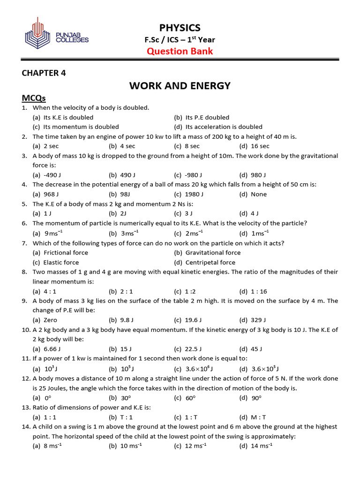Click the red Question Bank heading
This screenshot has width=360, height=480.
180,51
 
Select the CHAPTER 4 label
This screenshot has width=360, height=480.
47,73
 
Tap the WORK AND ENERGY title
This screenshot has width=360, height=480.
180,86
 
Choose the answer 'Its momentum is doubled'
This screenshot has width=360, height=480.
81,127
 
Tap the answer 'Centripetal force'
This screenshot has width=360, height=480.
210,262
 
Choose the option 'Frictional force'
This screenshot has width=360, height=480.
66,253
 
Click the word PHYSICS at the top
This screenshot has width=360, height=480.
180,28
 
